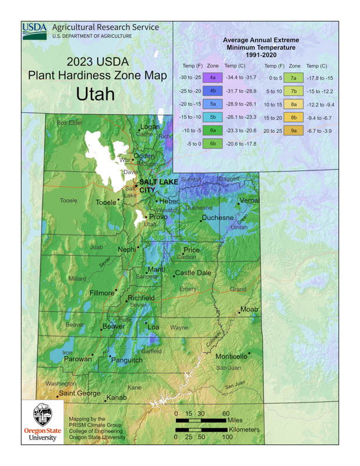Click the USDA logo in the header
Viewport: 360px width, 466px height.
pyautogui.click(x=35, y=31)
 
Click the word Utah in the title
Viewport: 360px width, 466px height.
pyautogui.click(x=96, y=94)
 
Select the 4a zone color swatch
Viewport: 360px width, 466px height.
pyautogui.click(x=213, y=77)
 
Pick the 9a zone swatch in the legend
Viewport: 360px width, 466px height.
pyautogui.click(x=294, y=131)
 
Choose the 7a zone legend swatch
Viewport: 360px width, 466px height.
pyautogui.click(x=294, y=77)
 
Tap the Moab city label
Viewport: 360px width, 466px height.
pyautogui.click(x=249, y=309)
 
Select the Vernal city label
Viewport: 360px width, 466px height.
pyautogui.click(x=249, y=200)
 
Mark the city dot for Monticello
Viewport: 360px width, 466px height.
pyautogui.click(x=249, y=352)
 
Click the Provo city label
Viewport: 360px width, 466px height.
pyautogui.click(x=158, y=217)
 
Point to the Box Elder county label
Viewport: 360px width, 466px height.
pyautogui.click(x=69, y=123)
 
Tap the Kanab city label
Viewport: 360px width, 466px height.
pyautogui.click(x=116, y=398)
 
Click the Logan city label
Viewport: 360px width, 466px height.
pyautogui.click(x=149, y=127)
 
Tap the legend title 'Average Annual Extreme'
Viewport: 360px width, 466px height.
pyautogui.click(x=260, y=40)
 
